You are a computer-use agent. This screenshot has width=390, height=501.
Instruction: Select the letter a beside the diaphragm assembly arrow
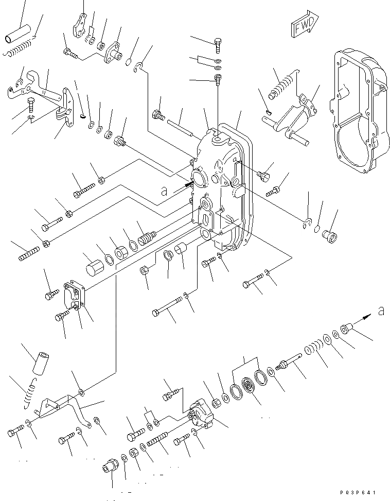coord(381,310)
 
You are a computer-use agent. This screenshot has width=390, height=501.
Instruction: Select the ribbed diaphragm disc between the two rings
coord(250,386)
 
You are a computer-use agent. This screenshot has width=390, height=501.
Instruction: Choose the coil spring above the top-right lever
coord(282,83)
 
